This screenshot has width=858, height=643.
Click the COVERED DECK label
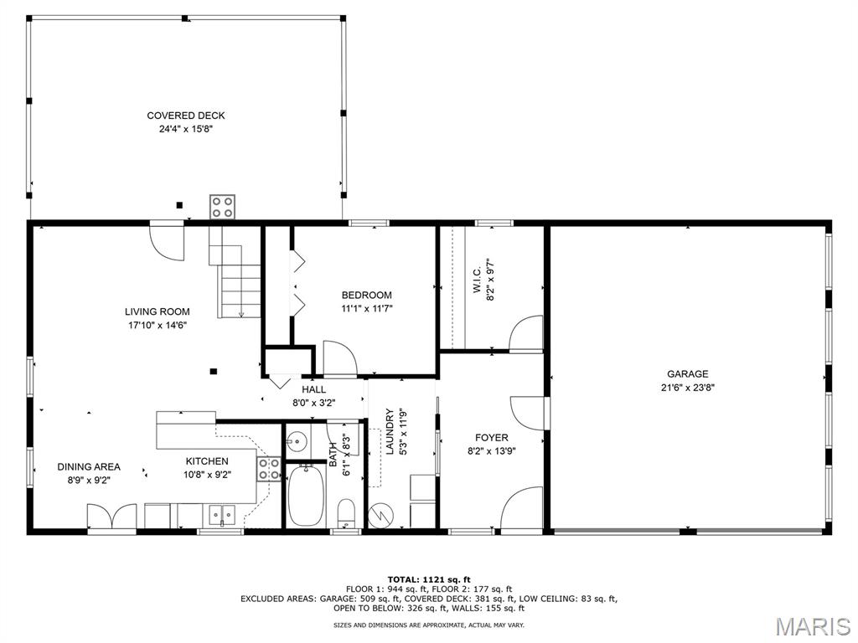185,116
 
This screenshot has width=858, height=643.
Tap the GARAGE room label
687,374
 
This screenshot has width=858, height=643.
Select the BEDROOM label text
367,296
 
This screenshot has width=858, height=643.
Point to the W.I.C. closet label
477,280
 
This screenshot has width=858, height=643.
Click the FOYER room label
491,437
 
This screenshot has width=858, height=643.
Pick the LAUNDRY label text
390,431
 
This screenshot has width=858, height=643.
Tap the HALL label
313,389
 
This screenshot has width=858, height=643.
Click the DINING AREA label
89,467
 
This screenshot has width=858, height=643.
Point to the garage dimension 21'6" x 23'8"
687,388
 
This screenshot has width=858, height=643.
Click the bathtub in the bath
307,496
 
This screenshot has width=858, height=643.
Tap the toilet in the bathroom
346,513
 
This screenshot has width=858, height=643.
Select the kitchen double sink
221,515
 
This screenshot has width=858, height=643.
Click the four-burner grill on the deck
222,208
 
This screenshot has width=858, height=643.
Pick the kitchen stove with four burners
269,469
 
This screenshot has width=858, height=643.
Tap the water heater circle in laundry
380,516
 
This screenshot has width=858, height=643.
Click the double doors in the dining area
111,516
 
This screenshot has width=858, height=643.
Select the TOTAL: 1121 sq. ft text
429,579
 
